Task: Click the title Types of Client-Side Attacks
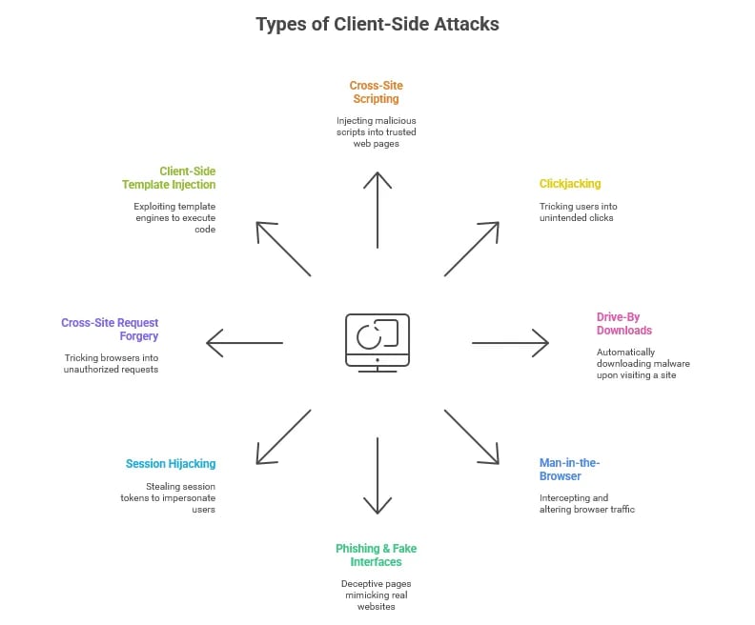[x=377, y=24]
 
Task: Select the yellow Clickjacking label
[x=570, y=183]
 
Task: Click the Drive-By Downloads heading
[x=624, y=323]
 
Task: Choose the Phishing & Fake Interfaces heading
[x=376, y=555]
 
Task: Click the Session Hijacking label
[x=171, y=464]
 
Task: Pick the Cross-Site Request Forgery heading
[x=110, y=329]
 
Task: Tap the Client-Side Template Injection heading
[x=169, y=177]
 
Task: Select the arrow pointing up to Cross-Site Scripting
[x=377, y=210]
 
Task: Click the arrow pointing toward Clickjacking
[x=472, y=249]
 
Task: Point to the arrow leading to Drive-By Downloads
[x=510, y=342]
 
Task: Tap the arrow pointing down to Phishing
[x=377, y=475]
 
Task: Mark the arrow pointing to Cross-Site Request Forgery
[x=245, y=342]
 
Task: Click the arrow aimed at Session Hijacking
[x=283, y=436]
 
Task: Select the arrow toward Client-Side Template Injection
[x=283, y=249]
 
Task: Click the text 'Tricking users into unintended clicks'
[x=577, y=212]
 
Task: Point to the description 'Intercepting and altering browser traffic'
[x=586, y=503]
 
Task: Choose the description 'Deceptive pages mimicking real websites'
[x=376, y=595]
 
